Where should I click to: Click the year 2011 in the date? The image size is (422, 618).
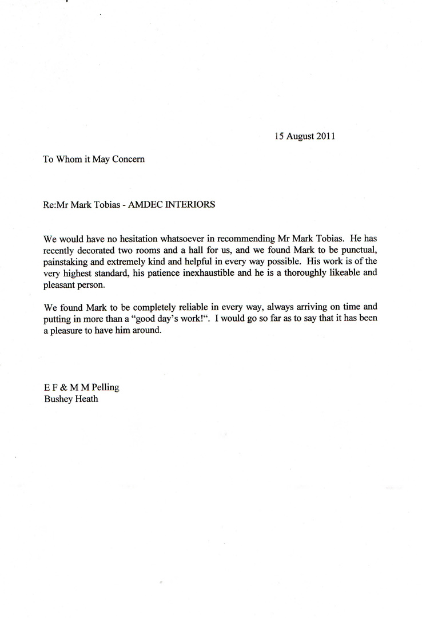point(325,137)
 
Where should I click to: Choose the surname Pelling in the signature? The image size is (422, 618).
point(103,387)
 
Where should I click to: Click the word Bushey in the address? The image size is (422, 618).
point(57,399)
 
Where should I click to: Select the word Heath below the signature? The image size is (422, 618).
point(86,399)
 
